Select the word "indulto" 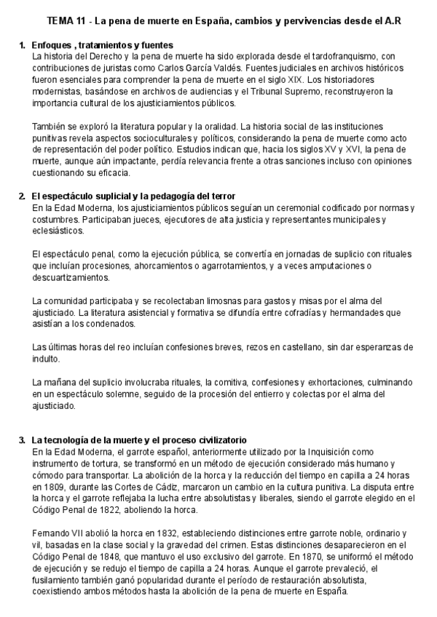48,359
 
